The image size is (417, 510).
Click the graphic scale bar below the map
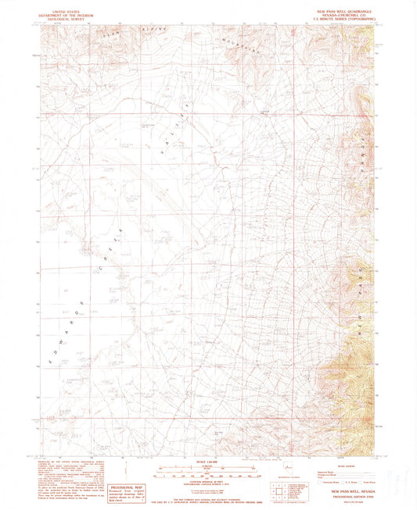[208, 470]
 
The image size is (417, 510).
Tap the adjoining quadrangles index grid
[275, 490]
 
